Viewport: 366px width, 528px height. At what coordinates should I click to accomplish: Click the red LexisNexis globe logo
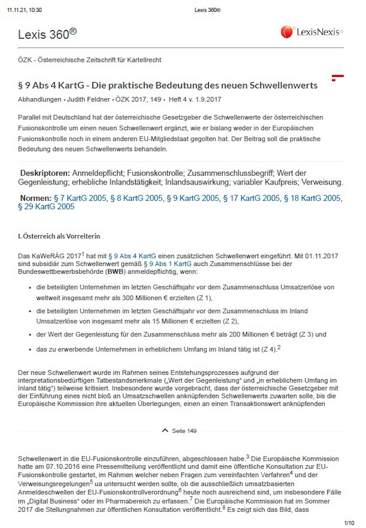tap(287, 32)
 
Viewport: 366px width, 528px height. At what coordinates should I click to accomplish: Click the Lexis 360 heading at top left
tap(47, 34)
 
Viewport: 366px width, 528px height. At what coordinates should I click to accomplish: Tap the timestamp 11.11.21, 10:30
tap(24, 10)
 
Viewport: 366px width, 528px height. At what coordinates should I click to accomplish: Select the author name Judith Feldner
tap(88, 99)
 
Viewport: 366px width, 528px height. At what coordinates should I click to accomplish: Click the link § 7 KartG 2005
tap(80, 198)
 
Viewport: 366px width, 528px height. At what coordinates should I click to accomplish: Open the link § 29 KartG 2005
tap(46, 207)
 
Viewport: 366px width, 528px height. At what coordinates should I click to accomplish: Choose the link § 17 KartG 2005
tap(252, 198)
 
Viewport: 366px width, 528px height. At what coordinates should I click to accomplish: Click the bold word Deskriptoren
tap(45, 173)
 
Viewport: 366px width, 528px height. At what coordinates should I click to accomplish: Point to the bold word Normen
tap(35, 198)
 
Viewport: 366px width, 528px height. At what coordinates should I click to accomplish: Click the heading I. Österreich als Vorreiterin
tap(59, 236)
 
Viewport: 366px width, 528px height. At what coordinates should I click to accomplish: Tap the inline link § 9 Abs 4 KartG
tap(132, 256)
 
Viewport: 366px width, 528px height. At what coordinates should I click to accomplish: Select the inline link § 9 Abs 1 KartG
tap(167, 264)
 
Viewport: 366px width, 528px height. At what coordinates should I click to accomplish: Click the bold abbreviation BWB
tap(115, 272)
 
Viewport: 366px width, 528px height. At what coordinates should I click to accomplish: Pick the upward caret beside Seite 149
tap(165, 431)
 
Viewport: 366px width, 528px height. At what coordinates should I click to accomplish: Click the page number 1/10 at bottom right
tap(349, 523)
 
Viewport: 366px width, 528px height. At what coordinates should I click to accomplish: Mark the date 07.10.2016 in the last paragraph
tap(61, 467)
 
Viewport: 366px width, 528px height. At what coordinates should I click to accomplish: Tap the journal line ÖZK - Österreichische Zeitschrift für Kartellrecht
tap(90, 60)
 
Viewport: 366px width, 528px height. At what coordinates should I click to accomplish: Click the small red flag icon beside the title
tap(337, 78)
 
